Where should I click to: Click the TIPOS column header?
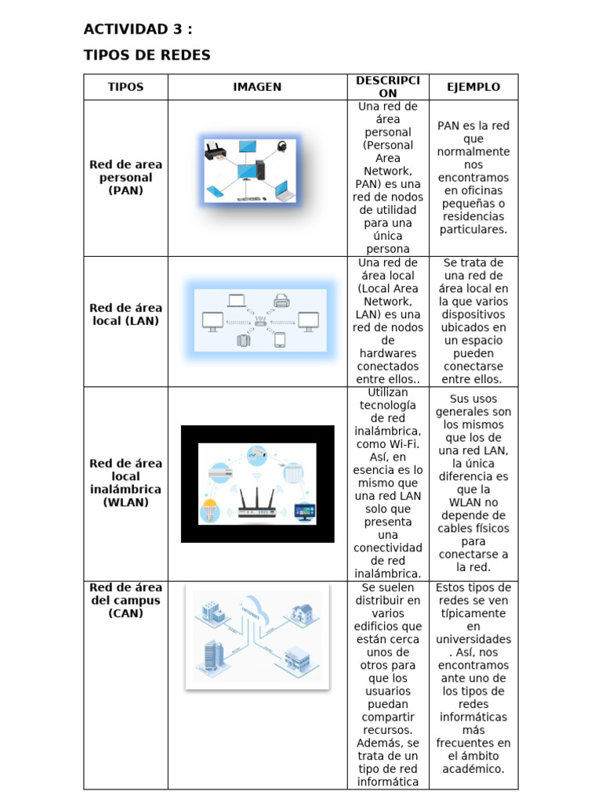click(x=125, y=87)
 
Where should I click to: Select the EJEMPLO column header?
click(x=473, y=87)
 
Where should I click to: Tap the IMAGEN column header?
click(x=257, y=87)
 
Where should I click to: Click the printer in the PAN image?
click(x=216, y=151)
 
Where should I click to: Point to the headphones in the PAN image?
click(x=281, y=147)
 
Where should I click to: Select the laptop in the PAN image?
click(x=285, y=190)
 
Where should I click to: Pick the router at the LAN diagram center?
click(x=260, y=320)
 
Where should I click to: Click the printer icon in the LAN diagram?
click(x=281, y=300)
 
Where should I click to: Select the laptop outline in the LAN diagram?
click(x=237, y=301)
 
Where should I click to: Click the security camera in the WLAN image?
click(x=257, y=453)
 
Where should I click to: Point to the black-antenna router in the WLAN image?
click(x=257, y=502)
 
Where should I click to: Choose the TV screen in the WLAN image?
click(x=305, y=511)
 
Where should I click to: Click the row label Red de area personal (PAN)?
click(x=125, y=178)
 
